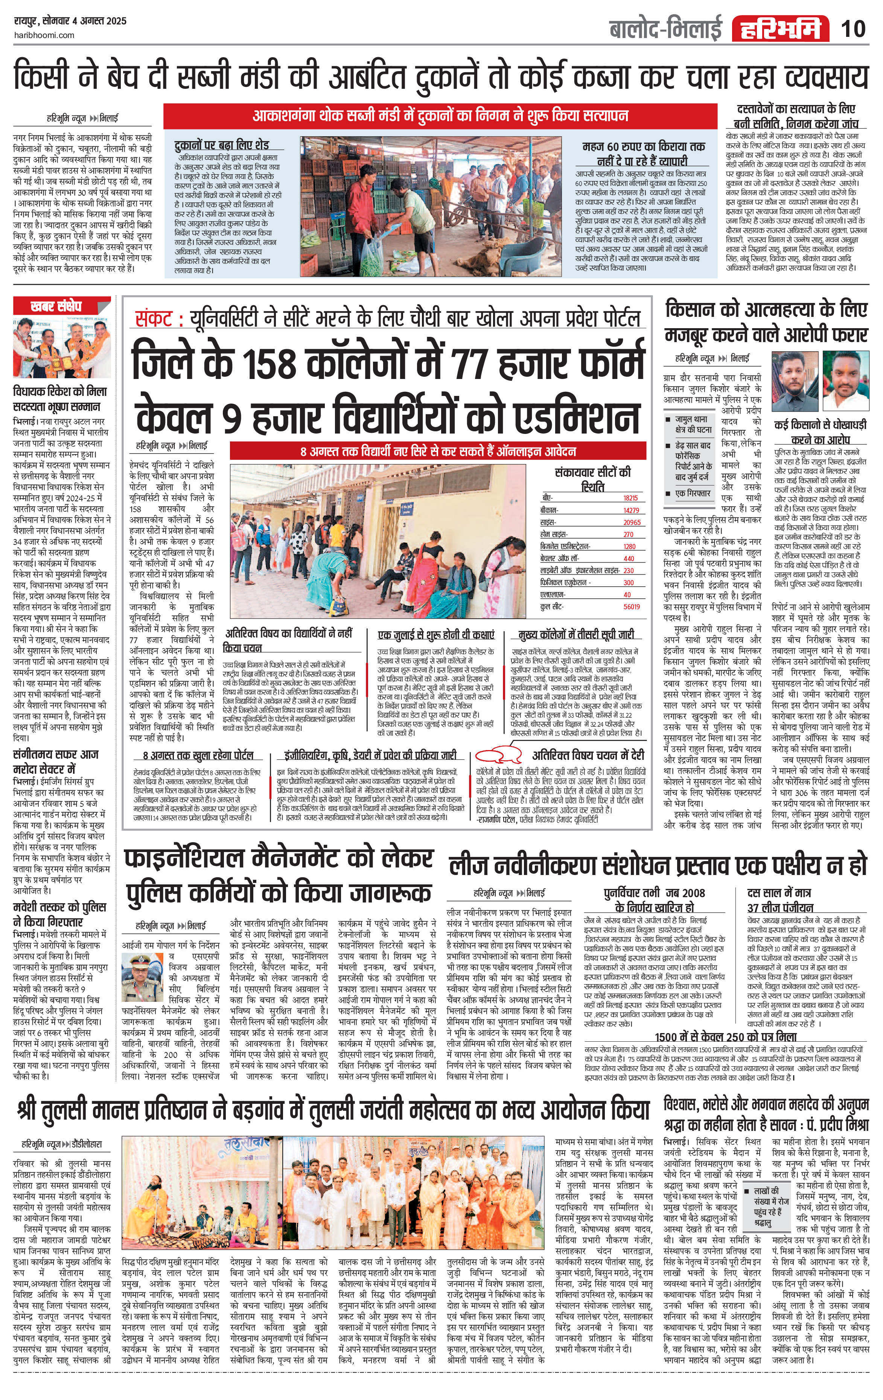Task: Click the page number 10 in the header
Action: [x=853, y=29]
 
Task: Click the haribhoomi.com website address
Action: [x=44, y=35]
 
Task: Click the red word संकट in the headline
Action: [x=154, y=319]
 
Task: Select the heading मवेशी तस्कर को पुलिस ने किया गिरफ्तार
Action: [x=59, y=915]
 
